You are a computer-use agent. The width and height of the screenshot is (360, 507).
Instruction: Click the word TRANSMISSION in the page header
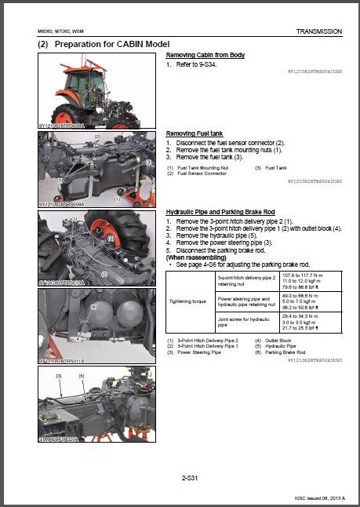318,31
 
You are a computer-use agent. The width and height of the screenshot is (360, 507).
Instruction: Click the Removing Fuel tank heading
195,133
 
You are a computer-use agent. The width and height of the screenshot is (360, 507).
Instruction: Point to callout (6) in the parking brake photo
93,307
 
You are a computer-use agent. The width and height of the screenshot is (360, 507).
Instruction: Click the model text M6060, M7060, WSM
64,31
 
